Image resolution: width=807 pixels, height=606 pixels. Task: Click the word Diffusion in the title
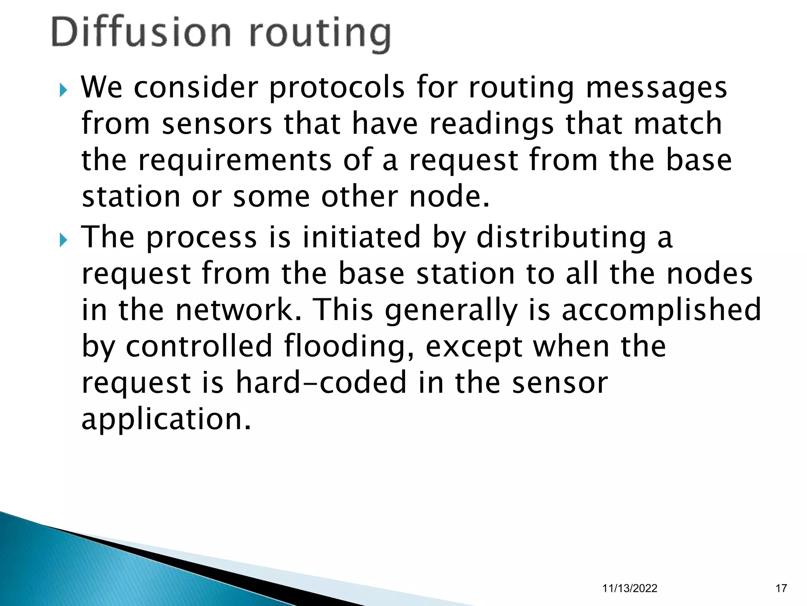pyautogui.click(x=141, y=33)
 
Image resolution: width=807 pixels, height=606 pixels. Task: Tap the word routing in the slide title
pyautogui.click(x=320, y=35)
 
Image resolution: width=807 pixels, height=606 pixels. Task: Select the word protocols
pyautogui.click(x=337, y=88)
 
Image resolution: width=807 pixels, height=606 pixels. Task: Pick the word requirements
pyautogui.click(x=235, y=161)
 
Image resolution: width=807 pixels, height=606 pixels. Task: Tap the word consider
pyautogui.click(x=196, y=87)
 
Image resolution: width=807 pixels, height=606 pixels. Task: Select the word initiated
pyautogui.click(x=362, y=237)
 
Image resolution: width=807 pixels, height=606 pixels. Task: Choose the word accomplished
pyautogui.click(x=661, y=310)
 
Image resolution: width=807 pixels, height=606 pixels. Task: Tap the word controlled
pyautogui.click(x=199, y=346)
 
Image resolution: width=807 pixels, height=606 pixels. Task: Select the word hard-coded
pyautogui.click(x=321, y=382)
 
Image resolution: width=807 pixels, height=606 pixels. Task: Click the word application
pyautogui.click(x=166, y=420)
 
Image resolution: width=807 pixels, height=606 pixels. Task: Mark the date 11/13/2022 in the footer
pyautogui.click(x=630, y=588)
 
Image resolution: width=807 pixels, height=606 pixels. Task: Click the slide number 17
pyautogui.click(x=781, y=588)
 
